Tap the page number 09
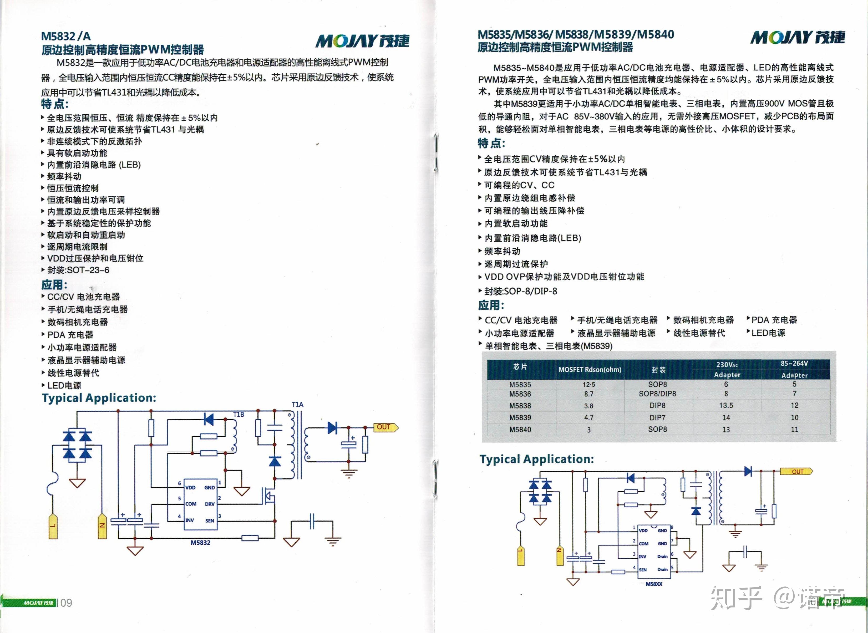coord(66,603)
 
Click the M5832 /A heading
coord(66,36)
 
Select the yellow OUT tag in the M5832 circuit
coord(385,427)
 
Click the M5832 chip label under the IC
coord(200,543)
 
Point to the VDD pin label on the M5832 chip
coord(190,487)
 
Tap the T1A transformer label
coord(297,405)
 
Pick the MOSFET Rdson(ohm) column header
coord(590,370)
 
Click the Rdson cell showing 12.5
coord(589,384)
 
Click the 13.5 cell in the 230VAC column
coord(726,405)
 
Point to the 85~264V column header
coord(794,363)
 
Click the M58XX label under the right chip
coord(654,584)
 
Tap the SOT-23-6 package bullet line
coord(75,270)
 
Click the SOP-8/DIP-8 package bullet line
coord(518,291)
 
